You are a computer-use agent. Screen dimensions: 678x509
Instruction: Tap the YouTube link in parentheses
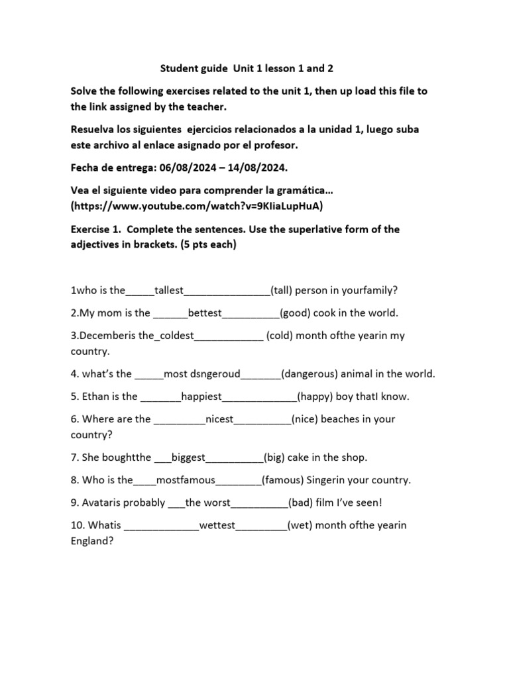[x=197, y=206]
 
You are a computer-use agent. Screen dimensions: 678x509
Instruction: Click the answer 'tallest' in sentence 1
[x=169, y=290]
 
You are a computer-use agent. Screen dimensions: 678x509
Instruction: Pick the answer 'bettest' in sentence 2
[x=205, y=313]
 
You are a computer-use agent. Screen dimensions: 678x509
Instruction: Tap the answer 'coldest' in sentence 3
[x=174, y=335]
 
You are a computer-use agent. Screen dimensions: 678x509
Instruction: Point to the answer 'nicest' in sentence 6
[x=219, y=419]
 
